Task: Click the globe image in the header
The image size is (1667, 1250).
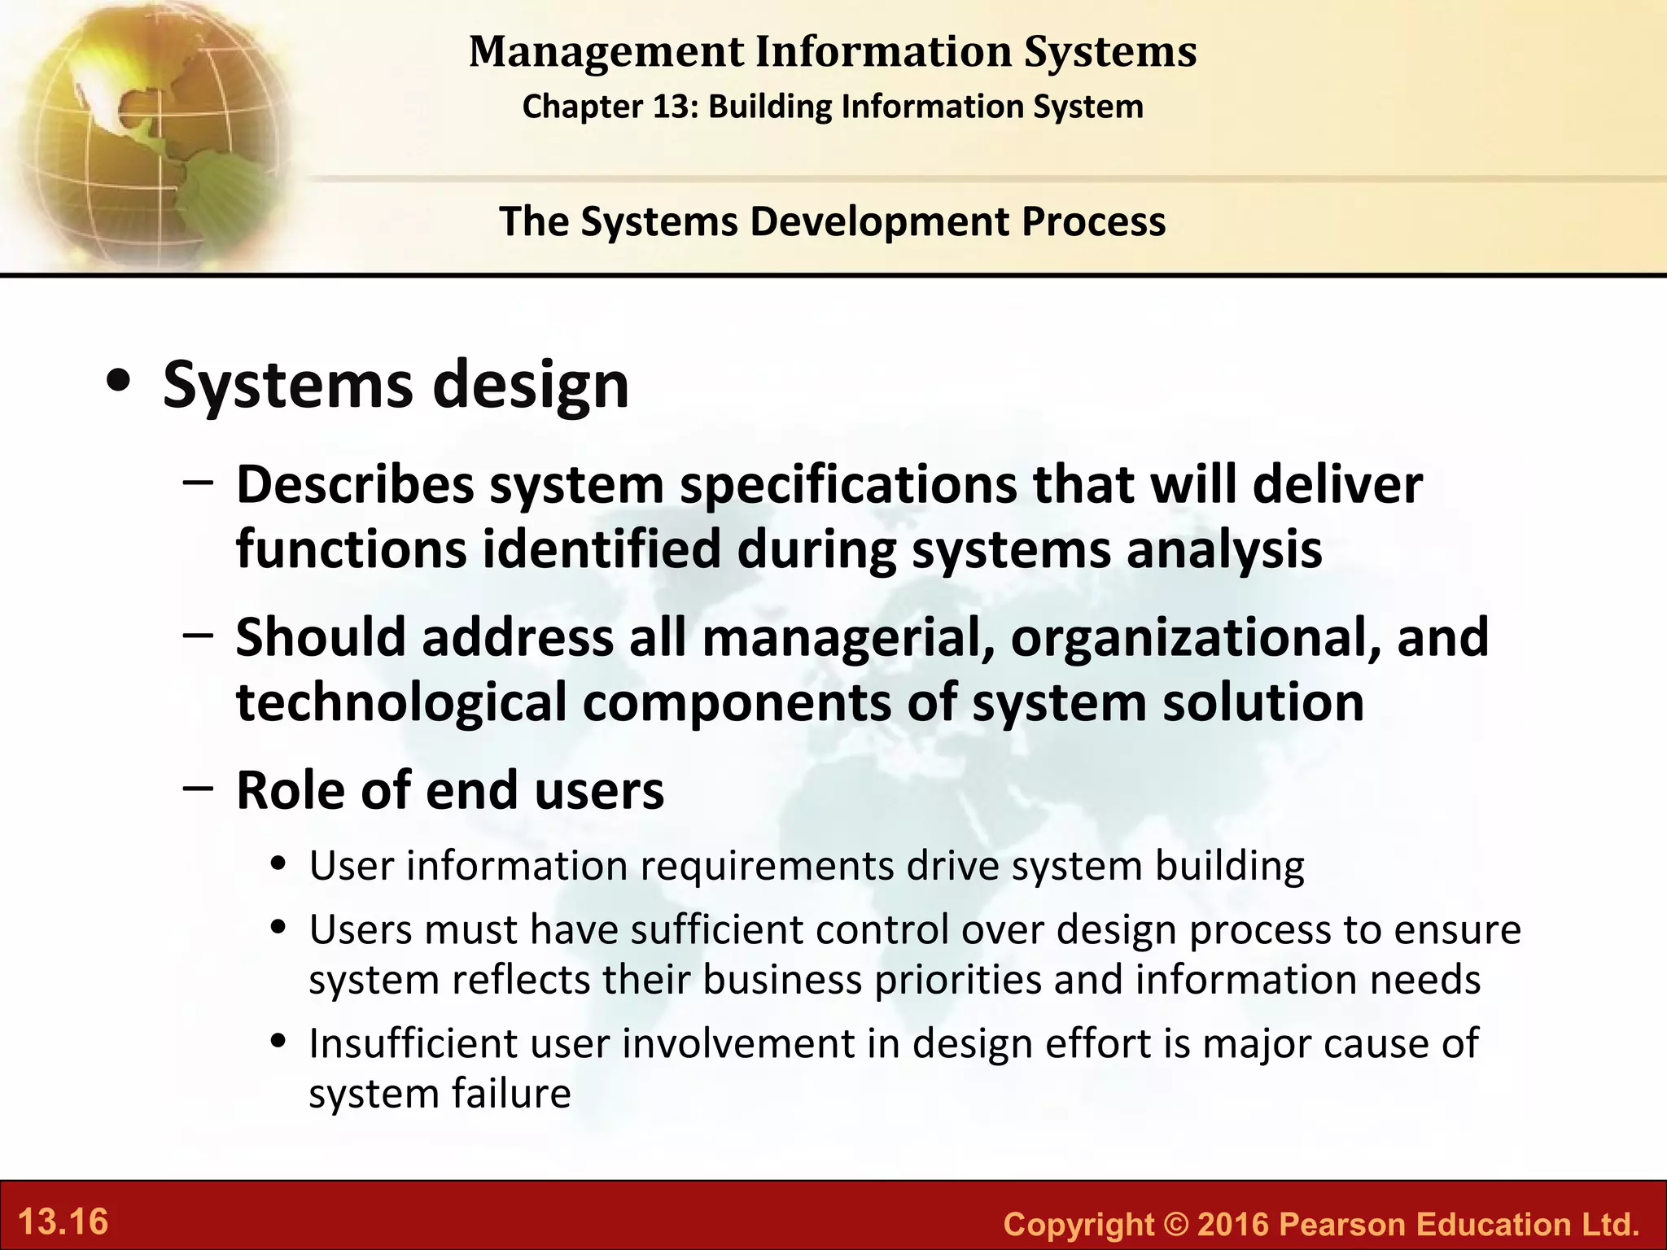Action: click(x=147, y=130)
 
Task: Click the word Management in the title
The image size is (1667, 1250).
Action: click(x=606, y=52)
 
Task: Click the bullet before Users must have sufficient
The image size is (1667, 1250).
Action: click(x=280, y=928)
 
